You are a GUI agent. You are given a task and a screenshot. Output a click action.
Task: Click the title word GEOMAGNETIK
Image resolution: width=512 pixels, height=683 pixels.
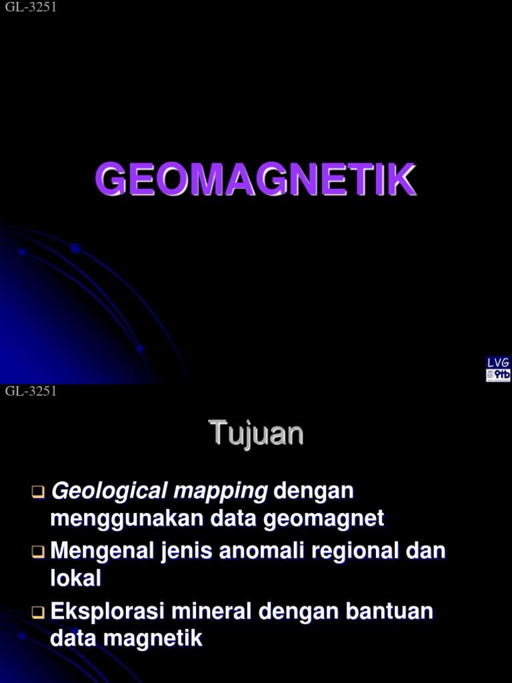pyautogui.click(x=255, y=179)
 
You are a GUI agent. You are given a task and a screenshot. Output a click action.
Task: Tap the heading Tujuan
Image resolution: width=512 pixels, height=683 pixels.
pyautogui.click(x=257, y=434)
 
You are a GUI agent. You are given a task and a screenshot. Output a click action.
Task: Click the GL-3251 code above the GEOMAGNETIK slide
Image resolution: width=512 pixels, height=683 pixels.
pyautogui.click(x=31, y=7)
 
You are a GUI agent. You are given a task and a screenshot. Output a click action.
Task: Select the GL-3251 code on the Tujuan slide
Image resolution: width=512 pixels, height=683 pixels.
pyautogui.click(x=31, y=392)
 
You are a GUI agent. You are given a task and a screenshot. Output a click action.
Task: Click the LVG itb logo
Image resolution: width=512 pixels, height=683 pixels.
pyautogui.click(x=498, y=369)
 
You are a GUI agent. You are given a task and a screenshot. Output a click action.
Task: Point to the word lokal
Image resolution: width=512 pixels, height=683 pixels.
pyautogui.click(x=76, y=578)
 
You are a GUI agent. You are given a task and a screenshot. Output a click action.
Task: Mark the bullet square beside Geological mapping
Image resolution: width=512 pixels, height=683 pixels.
pyautogui.click(x=37, y=493)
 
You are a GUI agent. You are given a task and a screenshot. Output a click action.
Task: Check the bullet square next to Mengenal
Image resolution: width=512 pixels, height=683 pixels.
pyautogui.click(x=37, y=552)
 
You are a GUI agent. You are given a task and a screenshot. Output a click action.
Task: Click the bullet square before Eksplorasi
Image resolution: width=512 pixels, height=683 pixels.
pyautogui.click(x=37, y=612)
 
